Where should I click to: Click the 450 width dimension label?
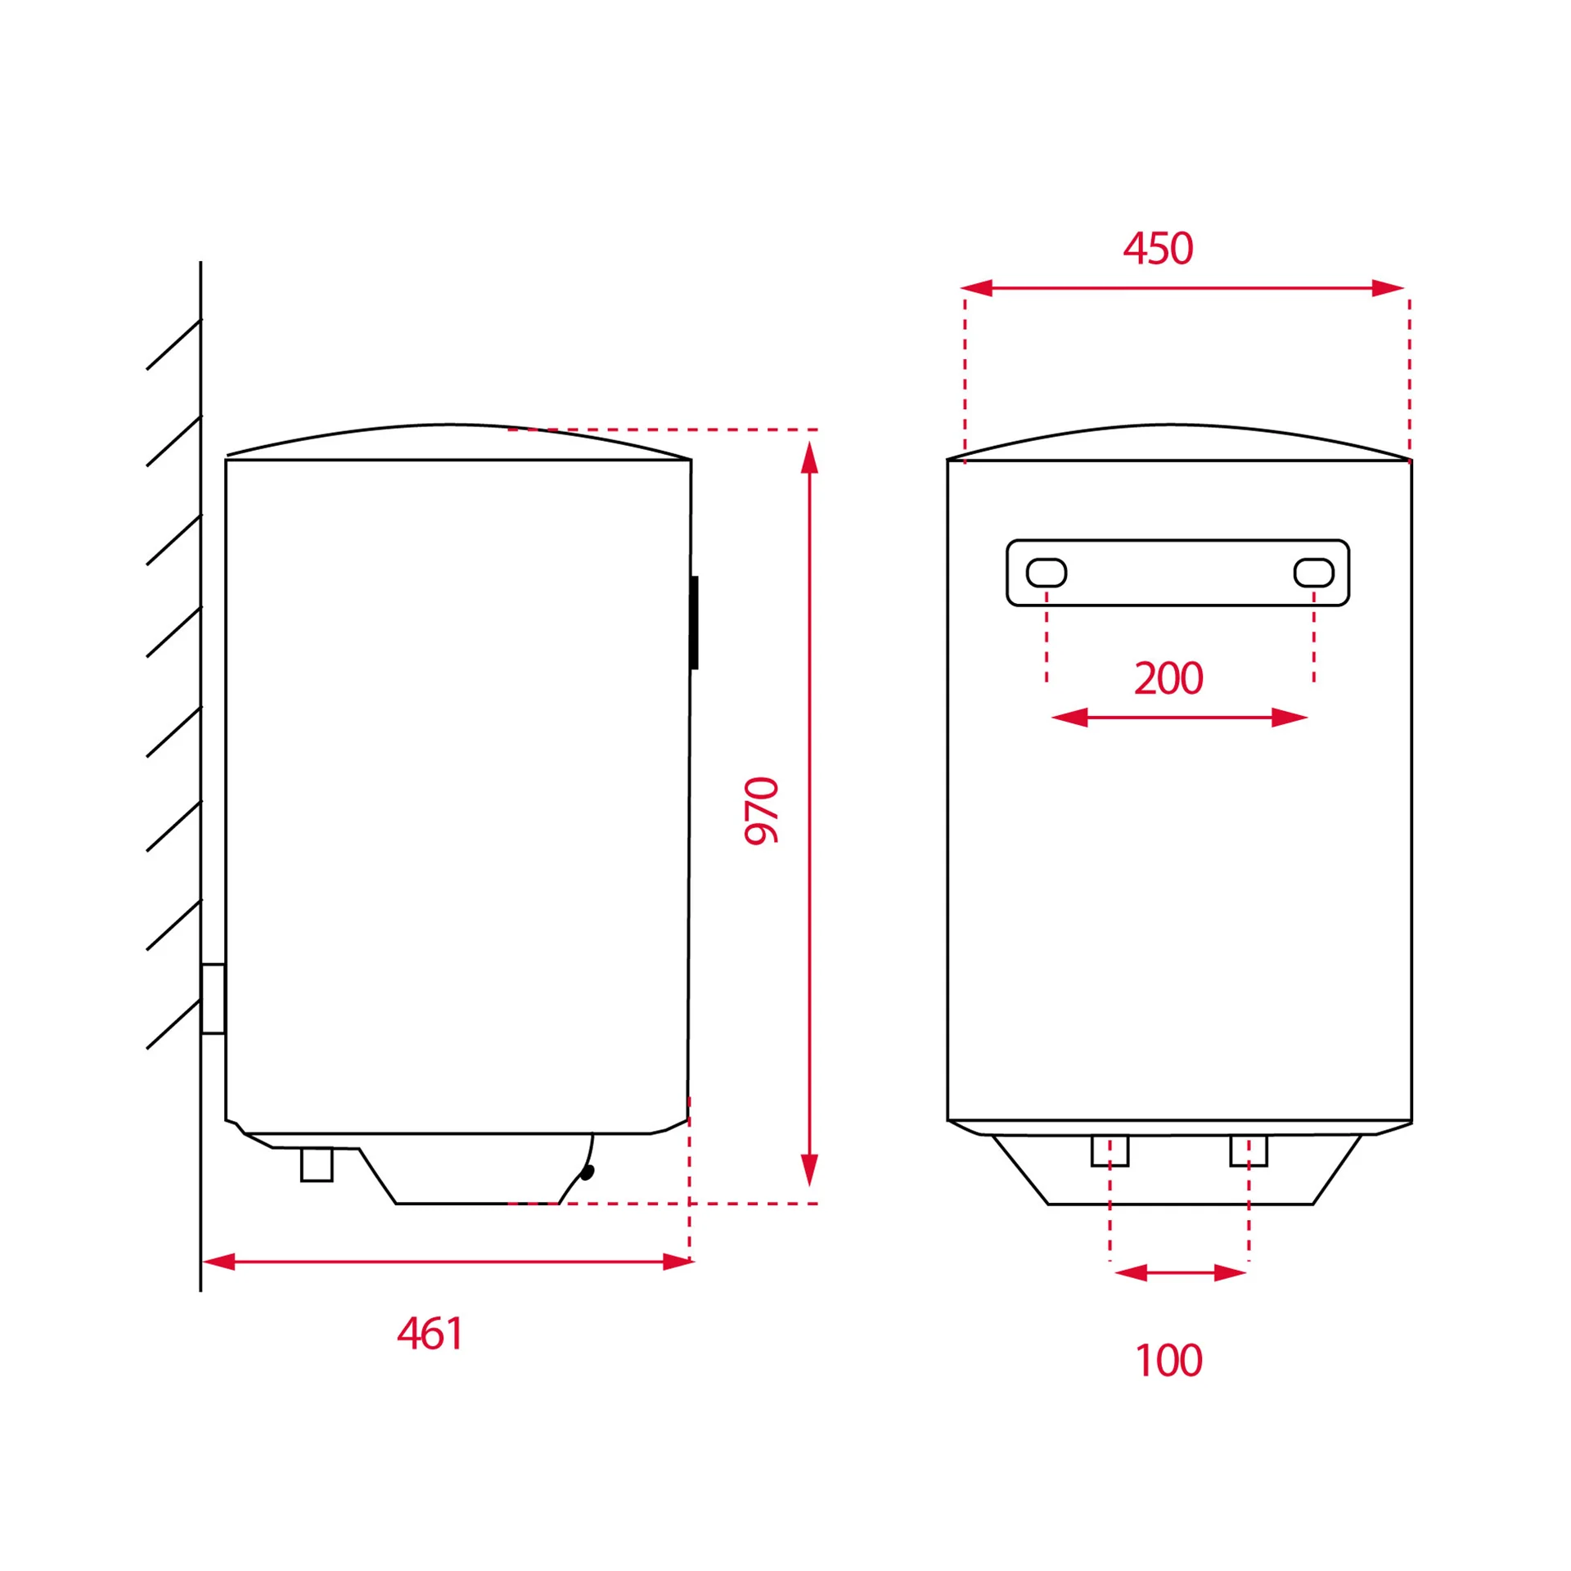tap(1158, 249)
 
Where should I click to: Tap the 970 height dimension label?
tap(761, 810)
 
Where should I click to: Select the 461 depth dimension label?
tap(430, 1333)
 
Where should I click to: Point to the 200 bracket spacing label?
tap(1168, 678)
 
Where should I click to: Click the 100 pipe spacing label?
tap(1169, 1361)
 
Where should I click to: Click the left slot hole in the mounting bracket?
tap(1047, 573)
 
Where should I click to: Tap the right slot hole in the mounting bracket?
tap(1314, 573)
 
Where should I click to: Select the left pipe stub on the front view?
tap(1110, 1150)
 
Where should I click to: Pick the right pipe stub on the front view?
tap(1249, 1150)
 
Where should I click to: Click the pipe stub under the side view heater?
tap(317, 1164)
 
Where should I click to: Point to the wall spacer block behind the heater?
tap(214, 999)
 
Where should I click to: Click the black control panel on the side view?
tap(695, 623)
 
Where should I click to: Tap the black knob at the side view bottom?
tap(587, 1173)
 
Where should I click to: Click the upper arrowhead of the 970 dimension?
tap(810, 457)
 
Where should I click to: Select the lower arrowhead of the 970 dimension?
tap(810, 1170)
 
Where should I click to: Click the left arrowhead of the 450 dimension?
tap(976, 288)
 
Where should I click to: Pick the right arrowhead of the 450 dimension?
tap(1389, 288)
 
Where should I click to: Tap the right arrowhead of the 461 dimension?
tap(678, 1262)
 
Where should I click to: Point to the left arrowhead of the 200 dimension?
tap(1069, 718)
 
